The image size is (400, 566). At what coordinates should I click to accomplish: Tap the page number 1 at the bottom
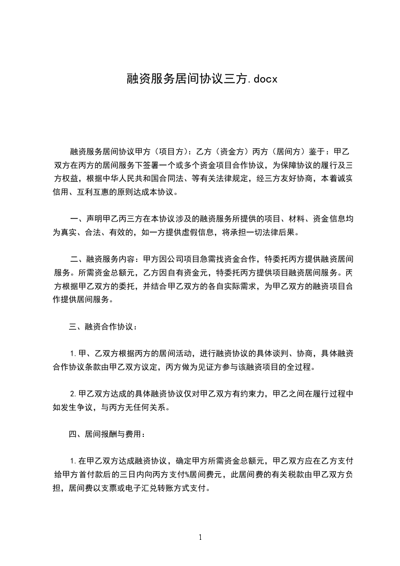200,537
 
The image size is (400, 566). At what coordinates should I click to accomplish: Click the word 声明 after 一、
94,219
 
